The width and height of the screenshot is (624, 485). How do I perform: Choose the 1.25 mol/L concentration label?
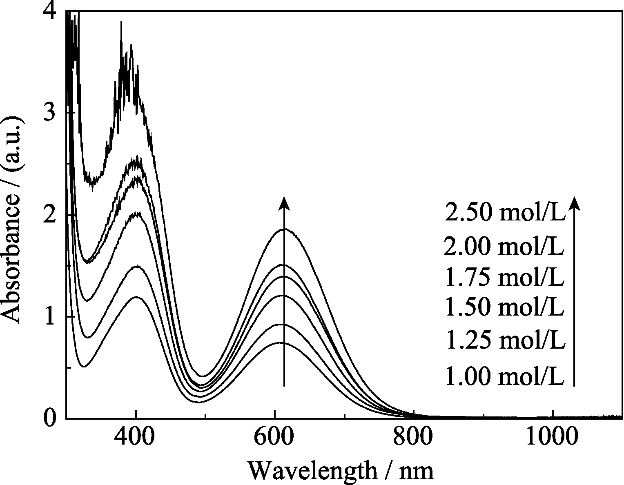point(506,340)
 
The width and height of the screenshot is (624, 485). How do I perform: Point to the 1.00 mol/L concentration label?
point(505,376)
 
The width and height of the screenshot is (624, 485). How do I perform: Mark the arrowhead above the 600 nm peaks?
point(284,203)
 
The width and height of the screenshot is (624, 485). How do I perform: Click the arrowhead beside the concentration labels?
point(574,203)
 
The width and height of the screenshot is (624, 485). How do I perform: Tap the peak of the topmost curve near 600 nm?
point(284,229)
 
